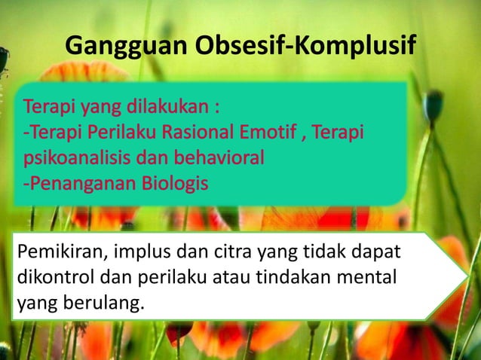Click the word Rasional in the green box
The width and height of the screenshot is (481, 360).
click(204, 133)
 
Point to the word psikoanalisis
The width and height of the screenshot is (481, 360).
click(72, 159)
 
